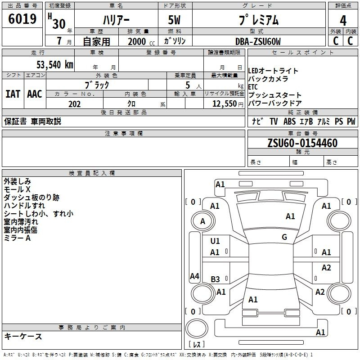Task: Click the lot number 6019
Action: pos(22,19)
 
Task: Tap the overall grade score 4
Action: pos(343,21)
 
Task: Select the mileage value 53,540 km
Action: pos(55,64)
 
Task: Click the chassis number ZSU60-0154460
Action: pos(302,143)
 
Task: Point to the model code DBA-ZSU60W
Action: pos(258,41)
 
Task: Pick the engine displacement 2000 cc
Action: pos(141,41)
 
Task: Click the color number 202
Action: pos(74,104)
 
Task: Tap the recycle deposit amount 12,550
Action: pos(224,104)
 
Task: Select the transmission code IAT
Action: pos(13,94)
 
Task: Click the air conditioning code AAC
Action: pos(35,94)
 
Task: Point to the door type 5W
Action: pos(174,20)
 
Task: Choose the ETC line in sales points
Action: pos(253,87)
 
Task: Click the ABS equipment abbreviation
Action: pos(289,121)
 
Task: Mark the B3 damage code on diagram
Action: pos(216,279)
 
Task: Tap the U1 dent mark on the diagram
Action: pos(215,241)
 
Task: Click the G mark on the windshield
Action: pos(284,237)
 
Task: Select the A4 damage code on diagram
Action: pos(195,276)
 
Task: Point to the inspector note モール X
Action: pos(17,189)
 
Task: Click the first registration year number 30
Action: pos(59,24)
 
